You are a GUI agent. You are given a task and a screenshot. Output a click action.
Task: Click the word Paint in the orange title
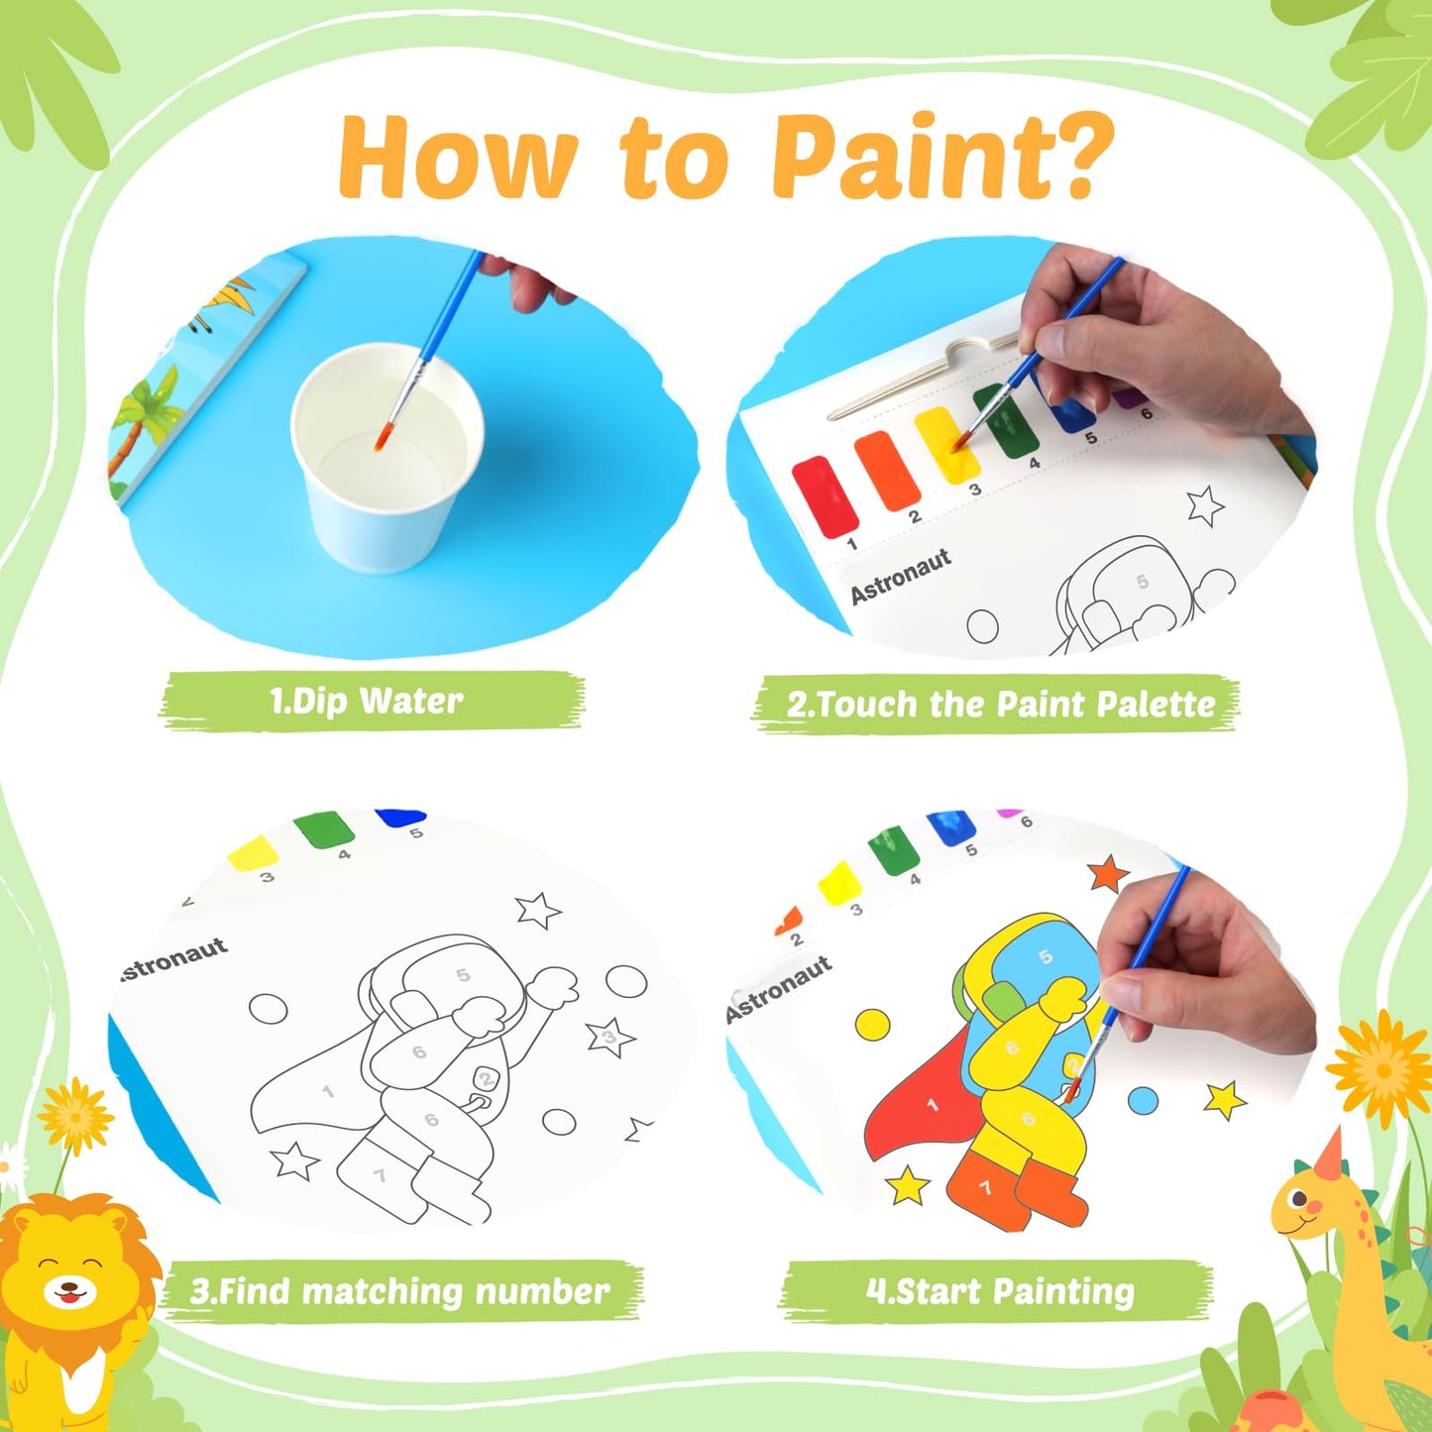coord(896,158)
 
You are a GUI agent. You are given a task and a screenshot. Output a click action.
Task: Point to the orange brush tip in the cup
coord(382,438)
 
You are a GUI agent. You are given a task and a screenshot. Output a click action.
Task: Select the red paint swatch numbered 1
coord(825,496)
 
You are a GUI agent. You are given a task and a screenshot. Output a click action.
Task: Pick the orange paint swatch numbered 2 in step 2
coord(887,471)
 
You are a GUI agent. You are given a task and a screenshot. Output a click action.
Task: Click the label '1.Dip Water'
coord(367,701)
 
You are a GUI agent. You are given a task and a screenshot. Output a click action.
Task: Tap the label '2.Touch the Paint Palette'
coord(1001,705)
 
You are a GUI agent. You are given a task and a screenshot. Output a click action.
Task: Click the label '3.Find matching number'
coord(399,1292)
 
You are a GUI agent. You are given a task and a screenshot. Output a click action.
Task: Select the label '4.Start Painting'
coord(1000,1291)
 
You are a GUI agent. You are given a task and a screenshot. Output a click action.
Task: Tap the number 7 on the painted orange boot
coord(986,1188)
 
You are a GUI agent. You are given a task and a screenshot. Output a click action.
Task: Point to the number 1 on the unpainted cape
coord(328,1091)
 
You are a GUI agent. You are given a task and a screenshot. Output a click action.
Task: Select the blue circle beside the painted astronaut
coord(1143,1101)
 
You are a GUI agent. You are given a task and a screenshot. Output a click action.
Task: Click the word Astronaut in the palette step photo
coord(901,576)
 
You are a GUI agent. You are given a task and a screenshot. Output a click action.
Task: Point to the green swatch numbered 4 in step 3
coord(323,828)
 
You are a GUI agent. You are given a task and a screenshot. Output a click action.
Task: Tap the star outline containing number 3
coord(610,1036)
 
